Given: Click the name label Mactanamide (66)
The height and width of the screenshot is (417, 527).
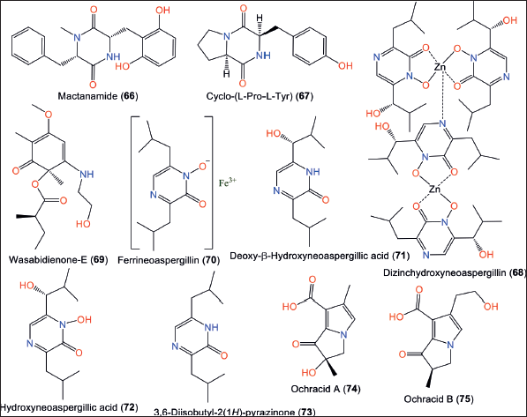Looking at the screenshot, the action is click(98, 96).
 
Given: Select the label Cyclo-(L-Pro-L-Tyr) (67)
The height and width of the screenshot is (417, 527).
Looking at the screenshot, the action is click(260, 96).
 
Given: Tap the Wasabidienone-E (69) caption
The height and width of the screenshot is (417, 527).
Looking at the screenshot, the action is click(58, 259).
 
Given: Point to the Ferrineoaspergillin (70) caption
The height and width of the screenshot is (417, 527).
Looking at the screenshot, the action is click(169, 260).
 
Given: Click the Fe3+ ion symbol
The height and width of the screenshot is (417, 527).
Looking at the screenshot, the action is click(228, 182).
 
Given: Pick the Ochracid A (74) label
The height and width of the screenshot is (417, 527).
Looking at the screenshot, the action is click(326, 389).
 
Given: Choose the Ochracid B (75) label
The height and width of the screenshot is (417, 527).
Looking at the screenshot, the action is click(439, 398).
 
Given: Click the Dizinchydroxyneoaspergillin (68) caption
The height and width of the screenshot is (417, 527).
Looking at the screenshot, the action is click(455, 272).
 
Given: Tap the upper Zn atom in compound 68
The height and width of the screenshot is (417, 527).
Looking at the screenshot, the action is click(440, 67).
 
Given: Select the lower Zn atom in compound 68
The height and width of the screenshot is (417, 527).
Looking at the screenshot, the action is click(434, 190).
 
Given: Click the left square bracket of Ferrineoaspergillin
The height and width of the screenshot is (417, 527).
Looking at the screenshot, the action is click(134, 182).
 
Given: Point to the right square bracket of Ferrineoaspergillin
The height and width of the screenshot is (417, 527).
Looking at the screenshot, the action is click(210, 182).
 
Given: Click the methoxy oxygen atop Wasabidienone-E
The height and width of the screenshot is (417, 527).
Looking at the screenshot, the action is click(49, 115).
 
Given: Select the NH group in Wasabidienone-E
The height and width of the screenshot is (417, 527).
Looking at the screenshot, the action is click(87, 174).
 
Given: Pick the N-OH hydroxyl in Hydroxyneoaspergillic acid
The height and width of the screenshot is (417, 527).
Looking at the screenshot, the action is click(84, 319).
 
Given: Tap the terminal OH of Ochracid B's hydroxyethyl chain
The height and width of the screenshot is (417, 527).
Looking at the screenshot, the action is click(491, 306).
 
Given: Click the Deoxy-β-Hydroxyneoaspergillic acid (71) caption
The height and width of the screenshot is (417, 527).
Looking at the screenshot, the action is click(320, 256).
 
